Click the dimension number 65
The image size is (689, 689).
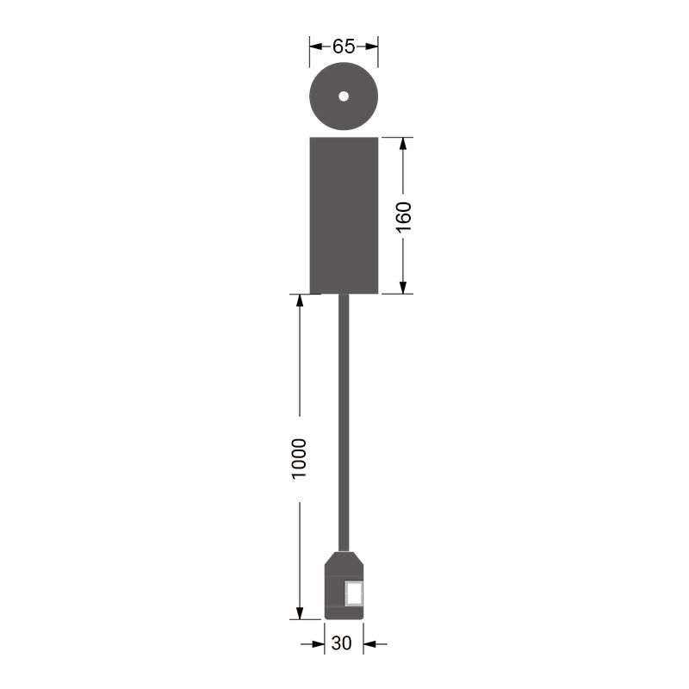pyautogui.click(x=344, y=47)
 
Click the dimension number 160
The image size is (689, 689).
pyautogui.click(x=404, y=217)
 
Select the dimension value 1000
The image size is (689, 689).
pyautogui.click(x=299, y=459)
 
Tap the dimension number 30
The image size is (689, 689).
pyautogui.click(x=341, y=643)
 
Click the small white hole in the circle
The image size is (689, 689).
pyautogui.click(x=344, y=96)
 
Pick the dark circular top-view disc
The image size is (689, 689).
pyautogui.click(x=344, y=96)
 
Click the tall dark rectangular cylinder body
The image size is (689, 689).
pyautogui.click(x=344, y=215)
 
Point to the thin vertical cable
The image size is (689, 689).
pyautogui.click(x=344, y=423)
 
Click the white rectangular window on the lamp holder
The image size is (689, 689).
pyautogui.click(x=354, y=593)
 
